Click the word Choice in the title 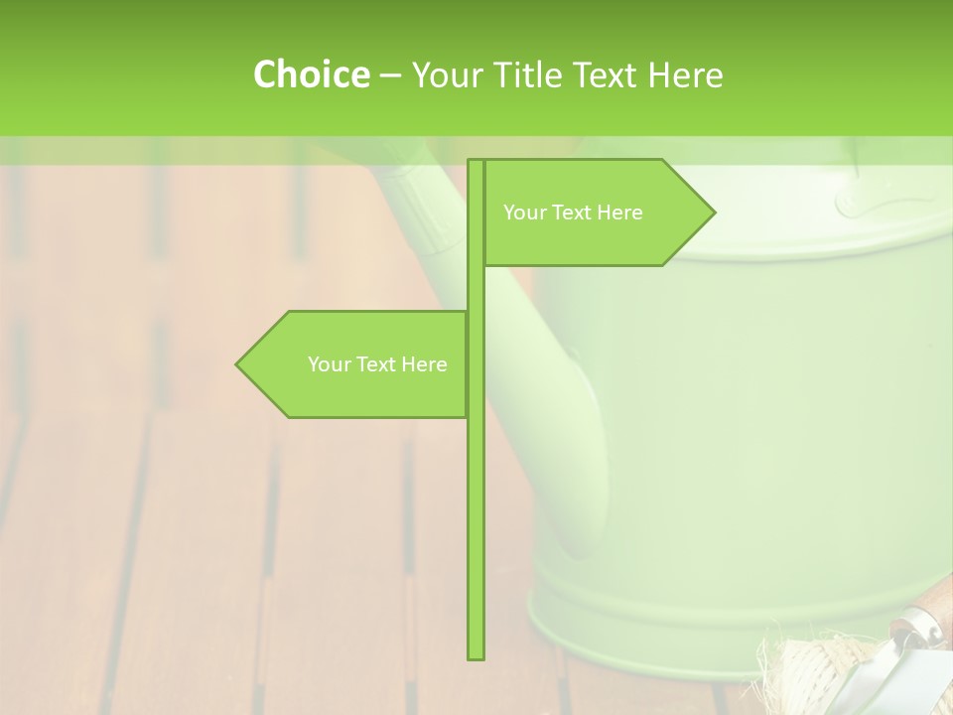point(311,74)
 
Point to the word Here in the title point(685,74)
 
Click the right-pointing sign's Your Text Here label point(573,213)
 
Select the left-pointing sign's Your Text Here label point(377,364)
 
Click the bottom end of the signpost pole point(476,655)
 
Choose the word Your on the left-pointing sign point(328,364)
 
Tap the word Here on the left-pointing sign point(424,364)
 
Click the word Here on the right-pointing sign point(620,213)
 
